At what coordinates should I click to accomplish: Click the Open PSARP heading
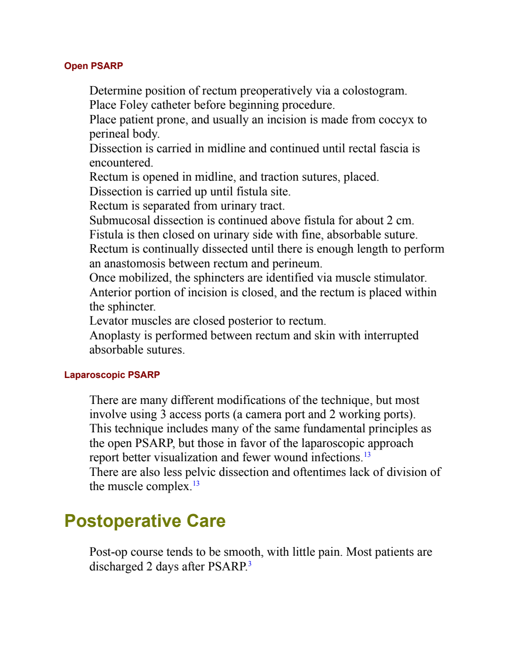(94, 66)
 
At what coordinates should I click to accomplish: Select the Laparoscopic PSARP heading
(112, 375)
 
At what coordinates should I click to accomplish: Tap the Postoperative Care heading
(145, 521)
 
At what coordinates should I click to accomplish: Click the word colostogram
(374, 91)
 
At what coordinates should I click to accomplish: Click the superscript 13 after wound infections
(367, 454)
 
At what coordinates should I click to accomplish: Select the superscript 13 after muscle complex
(196, 483)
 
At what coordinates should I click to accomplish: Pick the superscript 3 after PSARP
(250, 564)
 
